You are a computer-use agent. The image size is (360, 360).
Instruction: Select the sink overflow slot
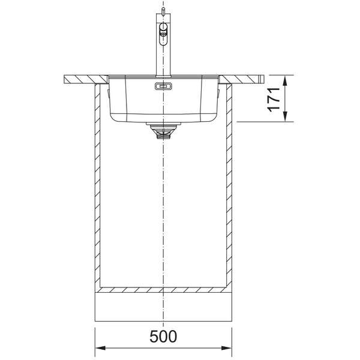pyautogui.click(x=163, y=87)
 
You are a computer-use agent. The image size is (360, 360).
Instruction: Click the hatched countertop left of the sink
pyautogui.click(x=84, y=78)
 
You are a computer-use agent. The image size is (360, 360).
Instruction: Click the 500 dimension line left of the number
pyautogui.click(x=123, y=347)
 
